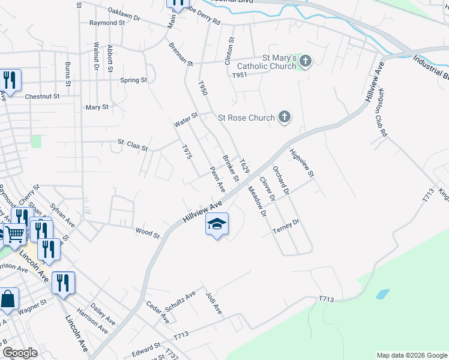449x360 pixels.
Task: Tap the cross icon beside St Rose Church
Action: pyautogui.click(x=285, y=118)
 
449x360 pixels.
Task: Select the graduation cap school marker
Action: pyautogui.click(x=217, y=225)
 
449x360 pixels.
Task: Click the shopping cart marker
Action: pyautogui.click(x=14, y=234)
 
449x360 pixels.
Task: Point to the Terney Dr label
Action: pyautogui.click(x=285, y=223)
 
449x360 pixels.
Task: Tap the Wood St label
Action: pyautogui.click(x=147, y=230)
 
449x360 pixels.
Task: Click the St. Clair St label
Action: pyautogui.click(x=132, y=144)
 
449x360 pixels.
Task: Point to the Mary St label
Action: pyautogui.click(x=97, y=107)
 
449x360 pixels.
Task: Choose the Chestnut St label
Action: pyautogui.click(x=42, y=96)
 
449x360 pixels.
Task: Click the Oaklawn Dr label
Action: pyautogui.click(x=124, y=13)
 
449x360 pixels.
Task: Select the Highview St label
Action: pyautogui.click(x=302, y=163)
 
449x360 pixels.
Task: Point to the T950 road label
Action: pyautogui.click(x=203, y=91)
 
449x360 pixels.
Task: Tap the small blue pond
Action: pyautogui.click(x=382, y=295)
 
